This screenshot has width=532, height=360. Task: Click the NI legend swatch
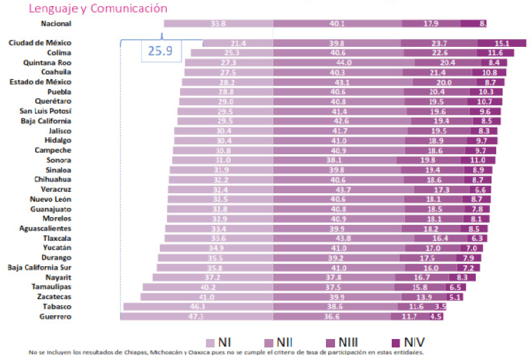coord(210,342)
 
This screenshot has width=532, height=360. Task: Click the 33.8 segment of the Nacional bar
coord(218,23)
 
